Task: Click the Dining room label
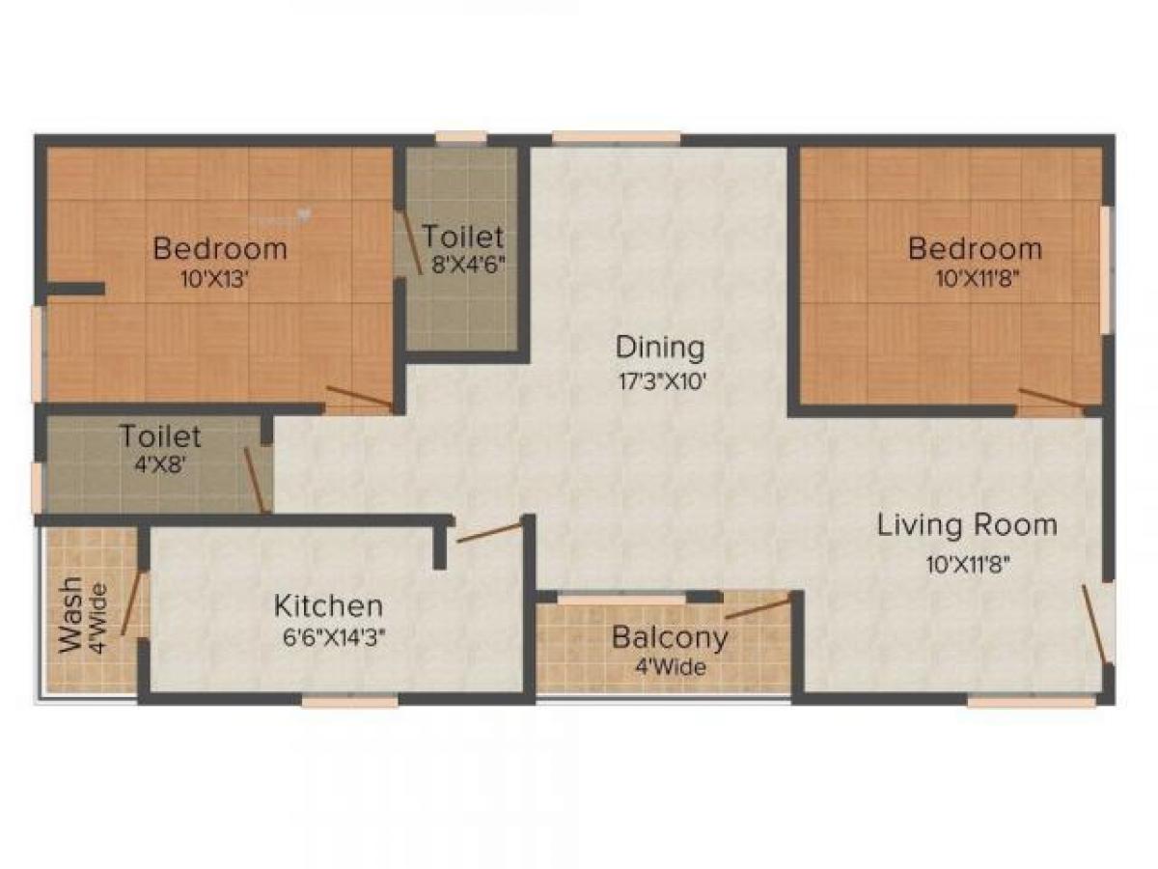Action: [660, 346]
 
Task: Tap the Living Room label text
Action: [967, 525]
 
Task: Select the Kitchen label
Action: [328, 606]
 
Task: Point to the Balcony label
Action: [670, 638]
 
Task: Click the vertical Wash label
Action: [70, 618]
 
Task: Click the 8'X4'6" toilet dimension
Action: [468, 264]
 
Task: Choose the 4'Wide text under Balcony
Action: [670, 667]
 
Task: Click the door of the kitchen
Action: [489, 532]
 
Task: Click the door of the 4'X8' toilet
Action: [254, 480]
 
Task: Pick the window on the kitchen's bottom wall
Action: [349, 702]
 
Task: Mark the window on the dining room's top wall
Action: [617, 138]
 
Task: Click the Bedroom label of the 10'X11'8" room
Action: [975, 248]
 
